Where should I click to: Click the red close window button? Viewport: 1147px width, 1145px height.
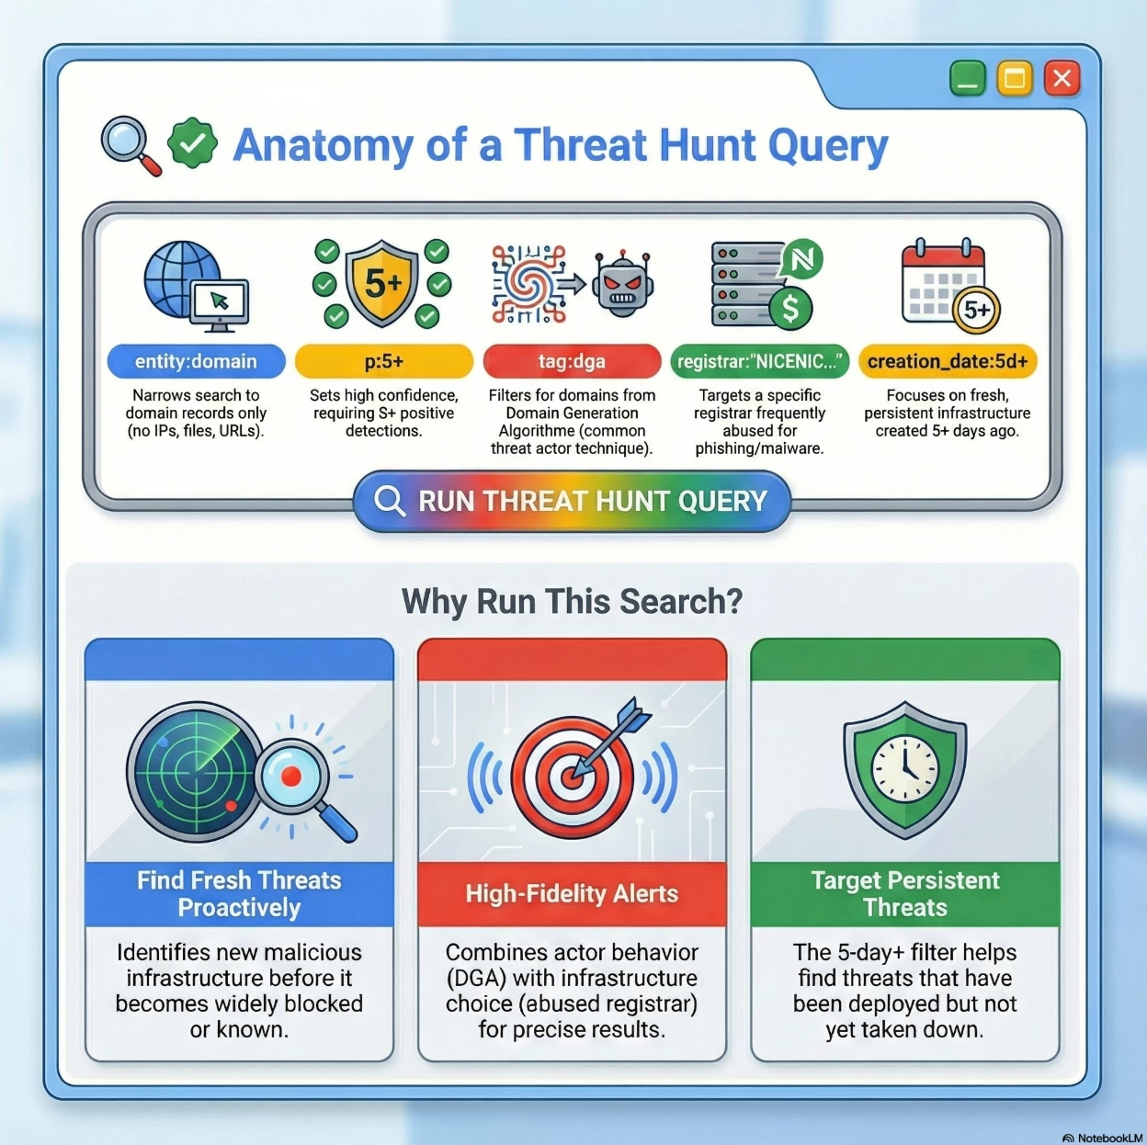(x=1062, y=78)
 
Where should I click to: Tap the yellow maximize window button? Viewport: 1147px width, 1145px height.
(x=1015, y=78)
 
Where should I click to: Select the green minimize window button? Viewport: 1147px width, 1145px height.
(x=967, y=78)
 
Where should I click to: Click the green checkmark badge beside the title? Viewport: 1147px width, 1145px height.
(x=192, y=143)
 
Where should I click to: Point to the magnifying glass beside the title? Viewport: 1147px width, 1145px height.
(x=131, y=145)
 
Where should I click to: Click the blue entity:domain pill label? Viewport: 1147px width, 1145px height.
(x=196, y=361)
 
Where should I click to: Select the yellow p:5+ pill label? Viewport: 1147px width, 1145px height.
(x=384, y=361)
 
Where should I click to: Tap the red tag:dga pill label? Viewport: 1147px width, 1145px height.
(x=572, y=361)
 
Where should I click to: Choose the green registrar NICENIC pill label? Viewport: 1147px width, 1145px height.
(x=759, y=361)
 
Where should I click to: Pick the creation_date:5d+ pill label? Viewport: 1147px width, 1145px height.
(x=948, y=361)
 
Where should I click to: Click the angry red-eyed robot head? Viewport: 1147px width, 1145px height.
(x=622, y=285)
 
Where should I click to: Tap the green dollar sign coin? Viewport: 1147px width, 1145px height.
(x=789, y=309)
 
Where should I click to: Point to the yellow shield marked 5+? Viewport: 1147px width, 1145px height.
(x=382, y=283)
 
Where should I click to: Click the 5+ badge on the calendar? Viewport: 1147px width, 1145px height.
(x=976, y=311)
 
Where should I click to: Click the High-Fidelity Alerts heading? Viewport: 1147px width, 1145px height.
(x=572, y=894)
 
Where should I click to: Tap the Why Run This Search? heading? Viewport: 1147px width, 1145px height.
(x=572, y=601)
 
